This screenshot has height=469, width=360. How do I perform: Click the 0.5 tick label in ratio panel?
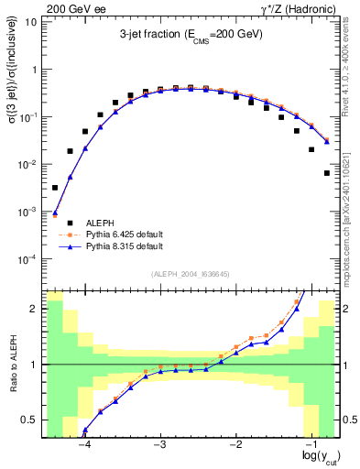coord(29,420)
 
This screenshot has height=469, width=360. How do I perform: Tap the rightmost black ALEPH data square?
coord(327,172)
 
